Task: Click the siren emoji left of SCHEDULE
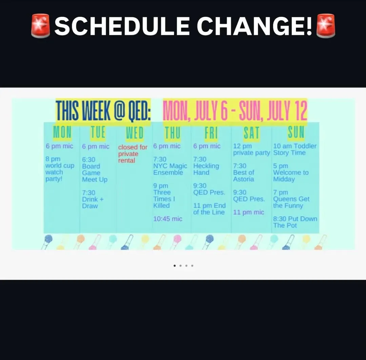pyautogui.click(x=41, y=26)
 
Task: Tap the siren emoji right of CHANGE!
pyautogui.click(x=325, y=26)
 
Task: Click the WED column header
pyautogui.click(x=135, y=133)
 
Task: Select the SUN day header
pyautogui.click(x=296, y=133)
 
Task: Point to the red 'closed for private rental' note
pyautogui.click(x=133, y=154)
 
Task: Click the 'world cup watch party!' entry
pyautogui.click(x=60, y=168)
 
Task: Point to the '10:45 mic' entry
pyautogui.click(x=168, y=219)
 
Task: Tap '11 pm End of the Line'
pyautogui.click(x=209, y=209)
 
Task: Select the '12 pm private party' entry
pyautogui.click(x=251, y=149)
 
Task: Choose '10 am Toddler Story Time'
pyautogui.click(x=295, y=149)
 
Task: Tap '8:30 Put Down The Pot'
pyautogui.click(x=295, y=222)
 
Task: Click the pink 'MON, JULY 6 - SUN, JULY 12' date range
pyautogui.click(x=235, y=111)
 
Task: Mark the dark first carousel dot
pyautogui.click(x=175, y=266)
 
